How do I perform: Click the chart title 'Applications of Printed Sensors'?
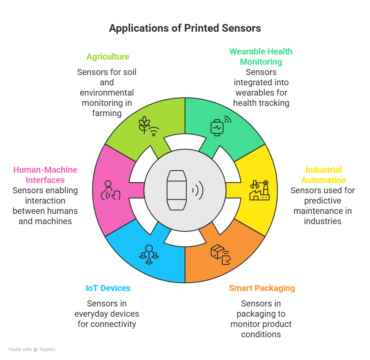coord(185,28)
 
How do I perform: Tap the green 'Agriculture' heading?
coord(107,57)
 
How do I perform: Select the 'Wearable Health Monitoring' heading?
coord(261,57)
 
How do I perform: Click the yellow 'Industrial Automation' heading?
coord(323,175)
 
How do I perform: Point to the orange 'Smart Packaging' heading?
coord(262,288)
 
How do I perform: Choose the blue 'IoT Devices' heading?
coord(107,288)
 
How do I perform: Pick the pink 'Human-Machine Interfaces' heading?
coord(45,175)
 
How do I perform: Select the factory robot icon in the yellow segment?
coord(260,190)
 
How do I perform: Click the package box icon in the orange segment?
coord(221,254)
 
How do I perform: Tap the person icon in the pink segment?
coord(110,190)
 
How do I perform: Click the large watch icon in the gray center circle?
coord(177,190)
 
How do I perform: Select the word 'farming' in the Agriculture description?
coord(107,113)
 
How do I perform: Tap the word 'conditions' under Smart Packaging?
coord(261,334)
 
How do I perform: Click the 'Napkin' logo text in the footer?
coord(48,349)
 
